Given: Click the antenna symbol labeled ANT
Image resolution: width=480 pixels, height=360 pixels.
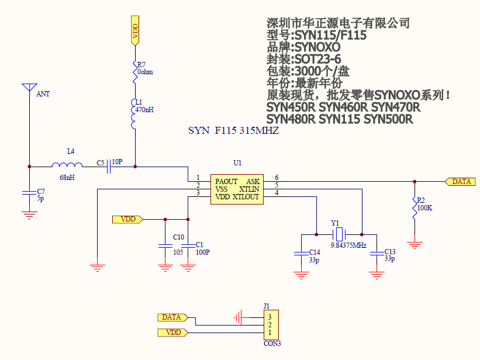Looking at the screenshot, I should (27, 89).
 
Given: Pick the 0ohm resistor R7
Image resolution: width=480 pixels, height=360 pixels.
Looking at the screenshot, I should (134, 72).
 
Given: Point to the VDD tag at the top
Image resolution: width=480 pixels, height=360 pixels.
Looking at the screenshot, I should (134, 30).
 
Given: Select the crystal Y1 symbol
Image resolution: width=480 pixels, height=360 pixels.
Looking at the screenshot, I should (339, 234).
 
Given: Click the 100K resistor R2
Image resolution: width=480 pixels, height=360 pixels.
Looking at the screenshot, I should (414, 207).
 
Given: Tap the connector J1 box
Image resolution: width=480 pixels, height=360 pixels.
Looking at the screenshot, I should (271, 324).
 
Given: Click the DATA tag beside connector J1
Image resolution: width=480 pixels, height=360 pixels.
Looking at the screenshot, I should (172, 317).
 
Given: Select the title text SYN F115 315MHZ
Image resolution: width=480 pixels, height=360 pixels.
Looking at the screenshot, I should (233, 131).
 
